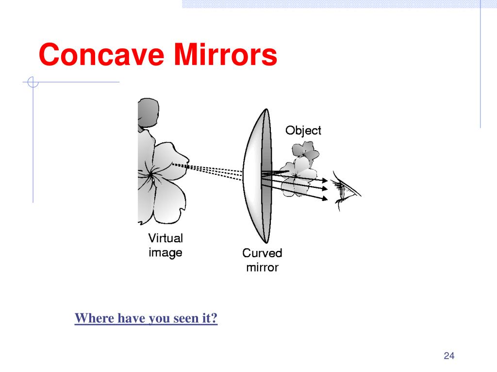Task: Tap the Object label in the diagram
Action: click(x=303, y=130)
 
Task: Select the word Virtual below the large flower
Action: click(x=165, y=238)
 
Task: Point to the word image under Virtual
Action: click(x=165, y=252)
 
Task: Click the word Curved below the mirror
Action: click(x=262, y=253)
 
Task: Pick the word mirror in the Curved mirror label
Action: click(x=262, y=267)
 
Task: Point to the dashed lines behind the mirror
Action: click(x=214, y=170)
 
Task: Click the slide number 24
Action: click(x=448, y=356)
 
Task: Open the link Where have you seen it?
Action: click(x=146, y=319)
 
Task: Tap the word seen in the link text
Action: click(x=186, y=319)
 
